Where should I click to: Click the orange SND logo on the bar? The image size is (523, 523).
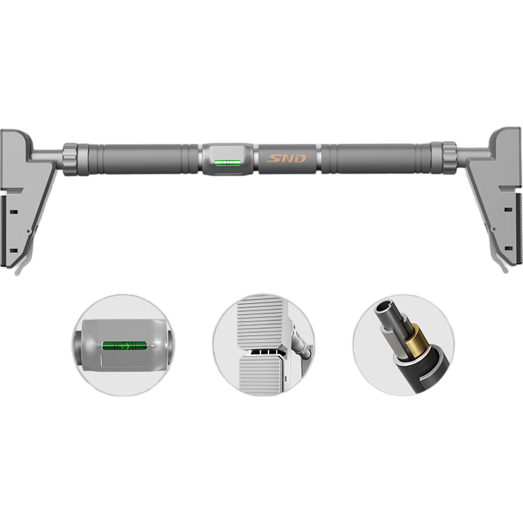click(x=287, y=158)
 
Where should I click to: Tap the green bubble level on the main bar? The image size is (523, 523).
click(x=228, y=163)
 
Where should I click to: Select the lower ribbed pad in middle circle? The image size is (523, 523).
click(x=260, y=374)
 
